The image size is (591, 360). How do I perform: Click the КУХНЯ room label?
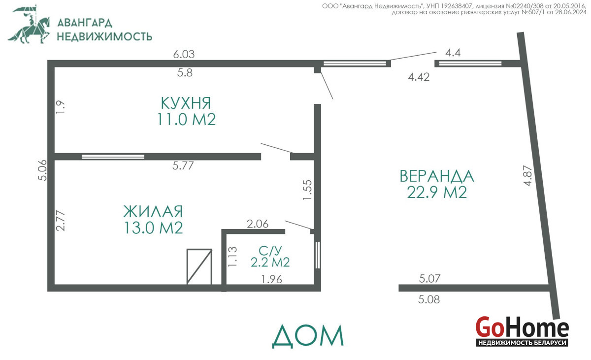coord(186,103)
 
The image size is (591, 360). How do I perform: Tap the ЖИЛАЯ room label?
coord(153,211)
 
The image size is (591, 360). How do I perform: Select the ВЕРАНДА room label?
coord(437,176)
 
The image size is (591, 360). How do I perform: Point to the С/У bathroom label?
coord(270,251)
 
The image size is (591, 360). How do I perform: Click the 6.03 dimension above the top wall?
coord(184,54)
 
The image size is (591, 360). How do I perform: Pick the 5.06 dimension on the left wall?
coord(42,170)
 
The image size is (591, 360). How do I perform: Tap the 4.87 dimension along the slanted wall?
coord(528,176)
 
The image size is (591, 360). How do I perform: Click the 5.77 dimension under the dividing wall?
coord(183,165)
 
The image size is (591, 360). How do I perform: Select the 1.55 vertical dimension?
coord(308,190)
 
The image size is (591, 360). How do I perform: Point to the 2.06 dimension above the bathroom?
coord(258,224)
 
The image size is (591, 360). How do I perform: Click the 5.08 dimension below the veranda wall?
coord(429,299)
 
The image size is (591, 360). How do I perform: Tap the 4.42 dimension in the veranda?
coord(419,77)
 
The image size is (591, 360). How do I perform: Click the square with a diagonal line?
coord(199,266)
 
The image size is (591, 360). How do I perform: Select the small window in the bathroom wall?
coord(318,255)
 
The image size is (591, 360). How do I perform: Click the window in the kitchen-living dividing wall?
coord(113,157)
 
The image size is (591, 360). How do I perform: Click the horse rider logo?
coord(29,24)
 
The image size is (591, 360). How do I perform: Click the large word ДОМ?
coord(308,336)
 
